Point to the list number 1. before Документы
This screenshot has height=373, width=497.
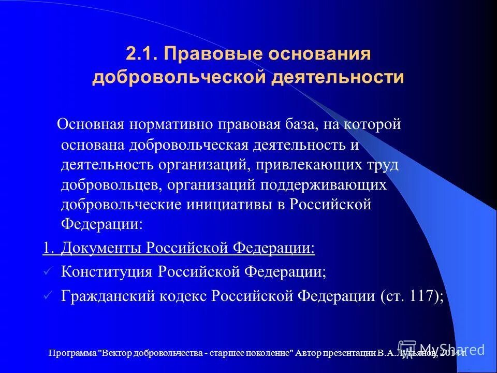tap(48, 248)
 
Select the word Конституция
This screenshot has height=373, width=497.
tap(107, 271)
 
